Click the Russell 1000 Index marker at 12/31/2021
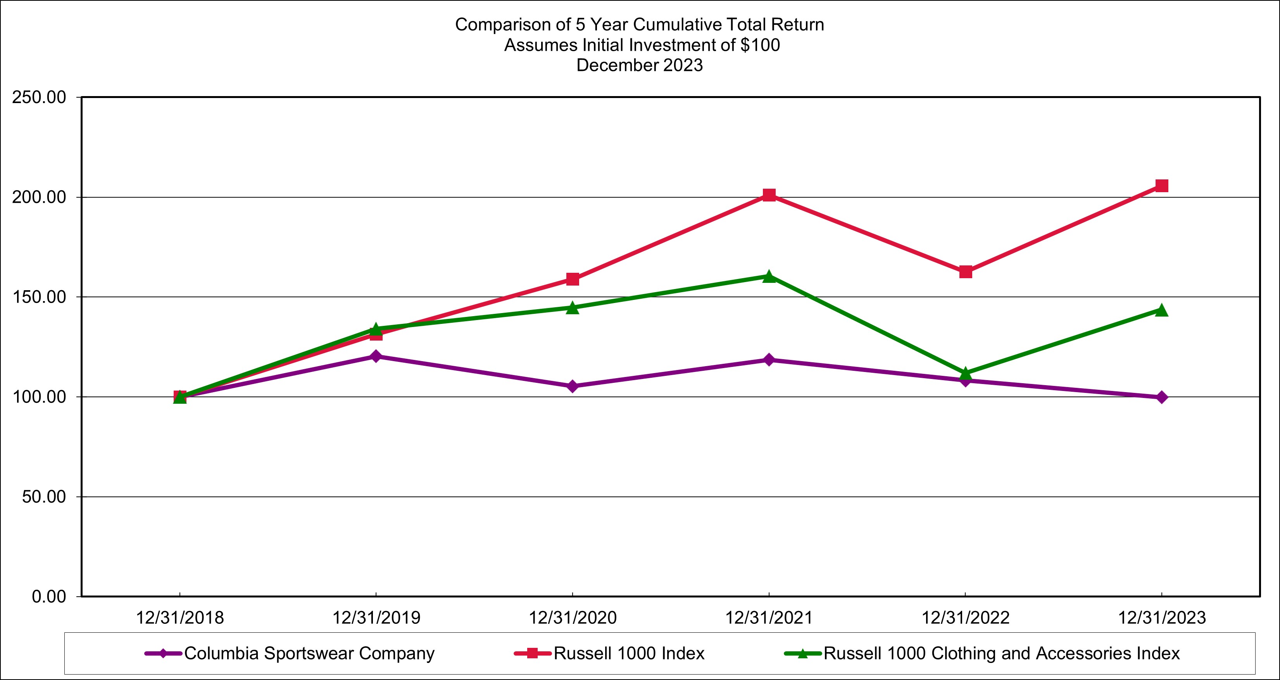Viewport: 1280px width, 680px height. click(x=769, y=195)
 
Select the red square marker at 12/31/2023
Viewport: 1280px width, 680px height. click(x=1162, y=186)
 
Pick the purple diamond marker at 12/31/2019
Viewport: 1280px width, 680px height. click(x=376, y=356)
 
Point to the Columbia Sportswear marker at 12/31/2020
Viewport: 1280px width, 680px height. click(x=573, y=386)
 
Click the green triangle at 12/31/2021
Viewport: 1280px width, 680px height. click(x=769, y=276)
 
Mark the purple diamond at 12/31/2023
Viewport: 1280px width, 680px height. click(x=1162, y=398)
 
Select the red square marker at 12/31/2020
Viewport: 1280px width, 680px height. click(x=573, y=279)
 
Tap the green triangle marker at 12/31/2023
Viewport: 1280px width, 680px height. click(x=1162, y=310)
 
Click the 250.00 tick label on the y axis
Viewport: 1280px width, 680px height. click(x=39, y=97)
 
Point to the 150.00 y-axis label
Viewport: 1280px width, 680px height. click(x=39, y=297)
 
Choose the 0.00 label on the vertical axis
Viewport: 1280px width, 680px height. click(x=49, y=597)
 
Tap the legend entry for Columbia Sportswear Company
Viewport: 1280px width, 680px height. click(x=309, y=653)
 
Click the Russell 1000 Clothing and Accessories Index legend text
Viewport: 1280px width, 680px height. click(x=1001, y=653)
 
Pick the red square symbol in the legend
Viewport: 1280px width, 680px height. click(x=532, y=653)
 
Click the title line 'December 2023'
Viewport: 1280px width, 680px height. click(x=640, y=65)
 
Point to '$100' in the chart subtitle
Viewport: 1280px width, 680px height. click(x=760, y=45)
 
